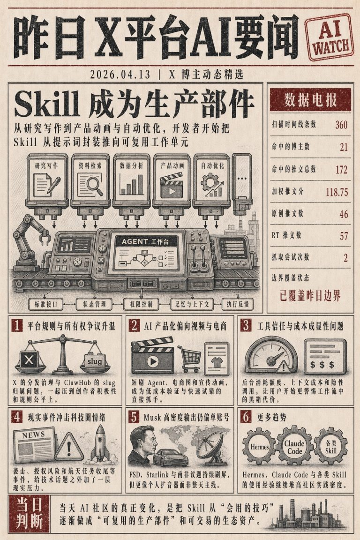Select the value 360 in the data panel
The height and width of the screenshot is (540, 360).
point(341,124)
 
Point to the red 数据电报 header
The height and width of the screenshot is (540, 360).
point(310,100)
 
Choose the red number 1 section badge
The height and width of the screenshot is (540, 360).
point(17,325)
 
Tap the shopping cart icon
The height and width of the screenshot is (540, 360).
point(189,359)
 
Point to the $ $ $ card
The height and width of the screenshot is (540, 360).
point(325,358)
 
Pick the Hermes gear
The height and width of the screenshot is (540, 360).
point(259,447)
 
